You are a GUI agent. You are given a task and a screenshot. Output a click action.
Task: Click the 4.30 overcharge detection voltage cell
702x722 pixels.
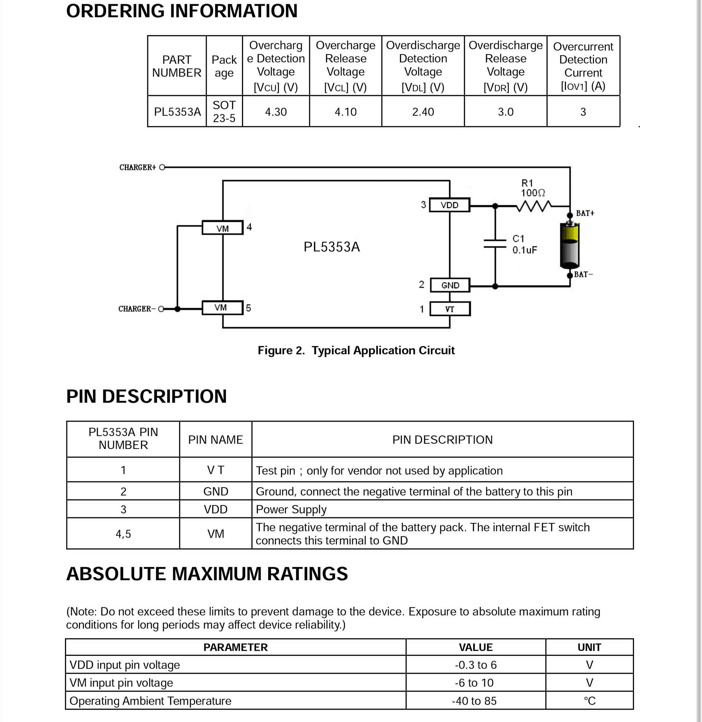pos(276,112)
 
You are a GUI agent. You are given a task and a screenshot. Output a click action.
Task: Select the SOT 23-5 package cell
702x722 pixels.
pos(224,112)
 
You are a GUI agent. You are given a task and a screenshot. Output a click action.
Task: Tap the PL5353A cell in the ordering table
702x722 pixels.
pos(177,112)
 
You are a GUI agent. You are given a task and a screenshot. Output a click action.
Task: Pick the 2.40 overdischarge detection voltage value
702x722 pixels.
pos(423,112)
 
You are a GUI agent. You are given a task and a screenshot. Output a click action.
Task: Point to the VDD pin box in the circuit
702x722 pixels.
pos(450,205)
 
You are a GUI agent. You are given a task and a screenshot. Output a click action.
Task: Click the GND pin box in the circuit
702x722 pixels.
pos(450,285)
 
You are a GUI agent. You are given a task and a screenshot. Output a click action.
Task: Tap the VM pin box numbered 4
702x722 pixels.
pos(222,228)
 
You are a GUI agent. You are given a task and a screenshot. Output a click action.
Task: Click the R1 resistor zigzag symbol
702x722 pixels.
pos(534,206)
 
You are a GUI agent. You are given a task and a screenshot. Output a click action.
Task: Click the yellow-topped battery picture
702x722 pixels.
pos(570,245)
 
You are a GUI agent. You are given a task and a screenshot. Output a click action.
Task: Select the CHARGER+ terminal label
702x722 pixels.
pos(138,168)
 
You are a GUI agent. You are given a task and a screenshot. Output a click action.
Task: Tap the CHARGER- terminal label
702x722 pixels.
pos(135,309)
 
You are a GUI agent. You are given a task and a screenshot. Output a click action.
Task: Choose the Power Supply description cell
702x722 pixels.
pos(442,509)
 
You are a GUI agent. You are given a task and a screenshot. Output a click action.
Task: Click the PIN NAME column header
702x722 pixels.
pos(215,440)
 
